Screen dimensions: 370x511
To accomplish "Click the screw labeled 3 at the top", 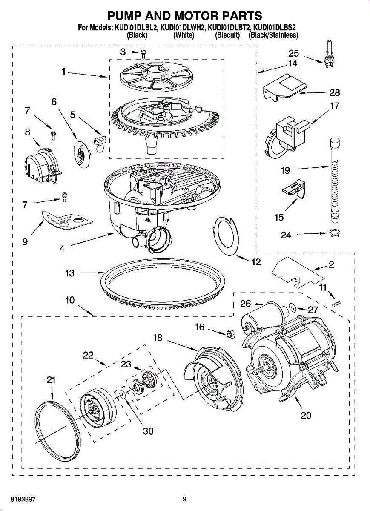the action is pos(143,54).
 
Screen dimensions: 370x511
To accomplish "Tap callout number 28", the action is pos(334,93).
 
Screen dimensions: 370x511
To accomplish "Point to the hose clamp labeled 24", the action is pos(334,233).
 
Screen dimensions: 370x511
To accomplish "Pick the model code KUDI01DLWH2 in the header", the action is pos(182,28).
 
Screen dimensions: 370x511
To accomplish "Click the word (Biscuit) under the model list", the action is pos(227,35).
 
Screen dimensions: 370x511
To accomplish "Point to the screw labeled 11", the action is pos(336,303).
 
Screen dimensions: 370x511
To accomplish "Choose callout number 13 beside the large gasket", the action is pos(70,273).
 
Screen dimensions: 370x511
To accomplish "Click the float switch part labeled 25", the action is pos(330,55).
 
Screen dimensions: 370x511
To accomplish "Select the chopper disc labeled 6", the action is pos(82,152).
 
